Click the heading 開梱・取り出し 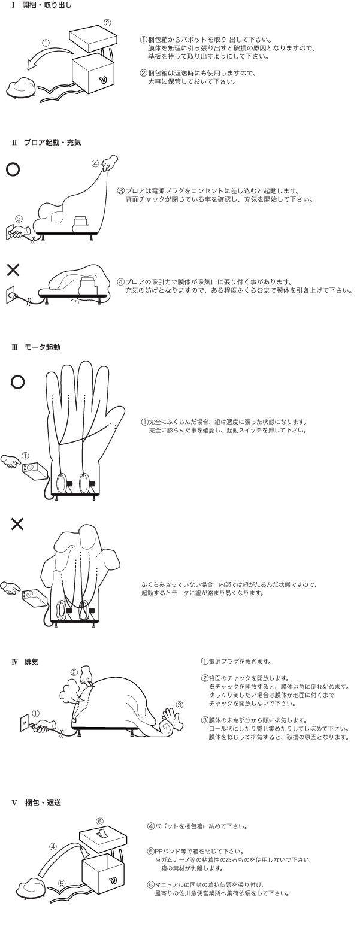point(47,6)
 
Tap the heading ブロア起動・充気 point(52,143)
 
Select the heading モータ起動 point(42,347)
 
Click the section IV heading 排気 point(32,662)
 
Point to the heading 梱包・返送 point(43,803)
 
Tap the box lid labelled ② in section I point(93,37)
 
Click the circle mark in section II point(13,169)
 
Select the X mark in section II point(13,270)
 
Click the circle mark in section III point(17,382)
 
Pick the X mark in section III point(17,525)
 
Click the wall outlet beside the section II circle point(10,232)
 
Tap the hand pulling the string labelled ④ point(110,162)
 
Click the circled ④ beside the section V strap point(53,846)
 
